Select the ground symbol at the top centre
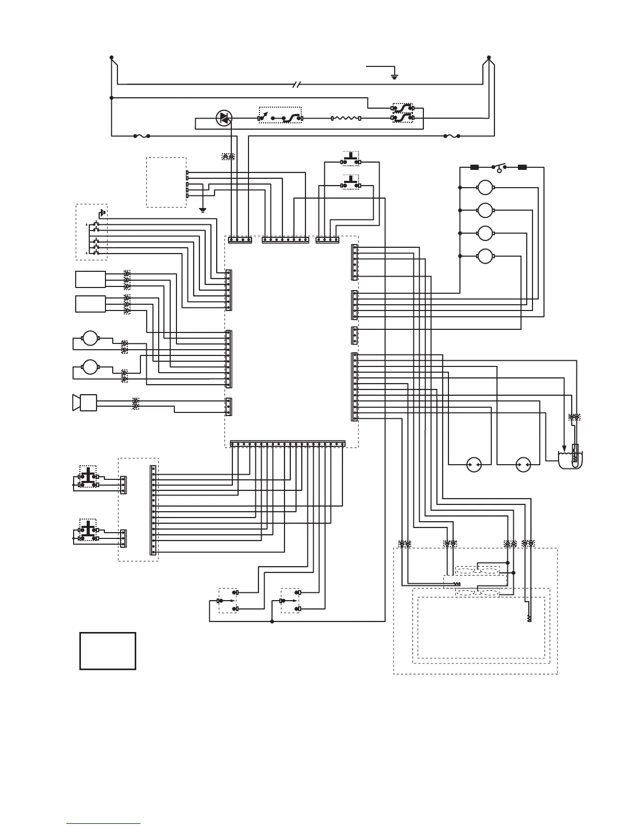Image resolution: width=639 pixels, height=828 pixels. point(395,76)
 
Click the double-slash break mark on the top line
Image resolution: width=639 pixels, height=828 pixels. point(297,84)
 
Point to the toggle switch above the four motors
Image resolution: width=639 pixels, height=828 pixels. point(499,168)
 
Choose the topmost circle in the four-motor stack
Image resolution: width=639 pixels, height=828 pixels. point(486,187)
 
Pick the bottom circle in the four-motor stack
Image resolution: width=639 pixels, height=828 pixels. point(486,256)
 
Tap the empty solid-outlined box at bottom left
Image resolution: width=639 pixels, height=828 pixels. point(108,651)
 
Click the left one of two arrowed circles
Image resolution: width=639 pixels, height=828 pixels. point(474,464)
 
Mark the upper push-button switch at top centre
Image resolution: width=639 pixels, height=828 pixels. point(351,157)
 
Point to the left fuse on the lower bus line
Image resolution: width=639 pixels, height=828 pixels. point(141,136)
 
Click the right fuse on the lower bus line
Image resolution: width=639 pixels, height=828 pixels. point(452,136)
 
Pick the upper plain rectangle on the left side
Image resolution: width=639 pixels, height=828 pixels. point(91,279)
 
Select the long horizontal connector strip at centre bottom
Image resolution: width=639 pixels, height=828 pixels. point(288,444)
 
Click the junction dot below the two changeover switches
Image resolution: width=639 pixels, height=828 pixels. point(272,622)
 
